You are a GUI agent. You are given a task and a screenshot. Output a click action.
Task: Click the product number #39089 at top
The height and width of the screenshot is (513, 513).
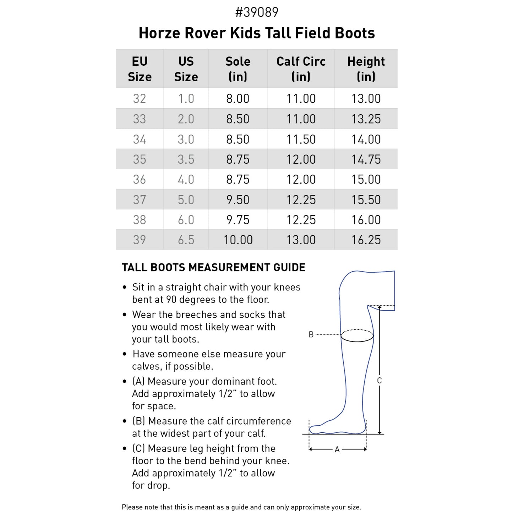click(x=257, y=12)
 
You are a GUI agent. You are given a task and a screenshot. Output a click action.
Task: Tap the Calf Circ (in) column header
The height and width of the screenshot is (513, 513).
click(x=301, y=69)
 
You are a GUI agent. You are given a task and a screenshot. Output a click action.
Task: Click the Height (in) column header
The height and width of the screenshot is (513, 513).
click(x=366, y=69)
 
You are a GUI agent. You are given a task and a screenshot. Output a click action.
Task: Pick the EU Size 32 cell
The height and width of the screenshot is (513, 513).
click(x=140, y=98)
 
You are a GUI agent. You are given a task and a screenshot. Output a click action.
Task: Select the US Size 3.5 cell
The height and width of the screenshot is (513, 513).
click(x=186, y=159)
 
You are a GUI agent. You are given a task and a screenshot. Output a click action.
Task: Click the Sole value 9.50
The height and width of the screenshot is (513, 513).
click(x=238, y=200)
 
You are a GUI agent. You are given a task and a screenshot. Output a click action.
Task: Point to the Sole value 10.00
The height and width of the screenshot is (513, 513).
click(x=238, y=240)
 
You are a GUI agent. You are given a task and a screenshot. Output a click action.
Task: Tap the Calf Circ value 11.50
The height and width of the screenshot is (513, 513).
click(x=301, y=139)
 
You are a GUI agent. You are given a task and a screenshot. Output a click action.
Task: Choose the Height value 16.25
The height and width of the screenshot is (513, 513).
click(x=366, y=240)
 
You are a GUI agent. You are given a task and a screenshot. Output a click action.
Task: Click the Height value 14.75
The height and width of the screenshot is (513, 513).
click(x=366, y=159)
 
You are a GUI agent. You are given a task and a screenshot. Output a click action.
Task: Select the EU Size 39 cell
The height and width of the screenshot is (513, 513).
click(x=140, y=240)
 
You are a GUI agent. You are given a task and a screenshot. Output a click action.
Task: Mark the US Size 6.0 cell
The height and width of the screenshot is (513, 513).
click(x=186, y=220)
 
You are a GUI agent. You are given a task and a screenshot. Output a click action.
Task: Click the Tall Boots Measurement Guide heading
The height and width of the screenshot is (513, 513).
click(x=213, y=267)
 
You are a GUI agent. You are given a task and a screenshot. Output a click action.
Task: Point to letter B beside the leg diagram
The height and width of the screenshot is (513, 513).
click(x=311, y=334)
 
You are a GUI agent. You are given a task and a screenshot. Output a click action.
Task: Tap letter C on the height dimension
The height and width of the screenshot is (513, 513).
click(x=379, y=381)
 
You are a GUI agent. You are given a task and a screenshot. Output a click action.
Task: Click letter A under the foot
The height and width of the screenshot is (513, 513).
click(x=337, y=449)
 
